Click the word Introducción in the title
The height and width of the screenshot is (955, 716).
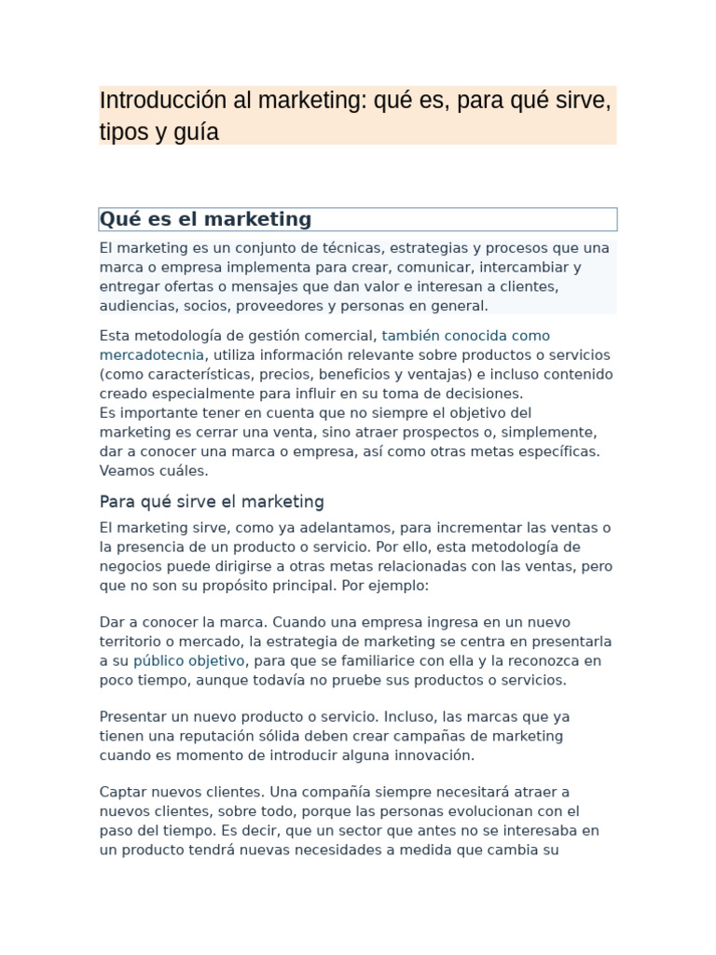click(149, 101)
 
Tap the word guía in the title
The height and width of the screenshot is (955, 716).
click(199, 132)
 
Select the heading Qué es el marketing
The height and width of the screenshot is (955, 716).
click(205, 219)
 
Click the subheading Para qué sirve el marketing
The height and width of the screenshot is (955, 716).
click(212, 502)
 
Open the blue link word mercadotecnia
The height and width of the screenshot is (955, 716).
click(151, 355)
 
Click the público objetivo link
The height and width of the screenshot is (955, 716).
click(188, 661)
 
